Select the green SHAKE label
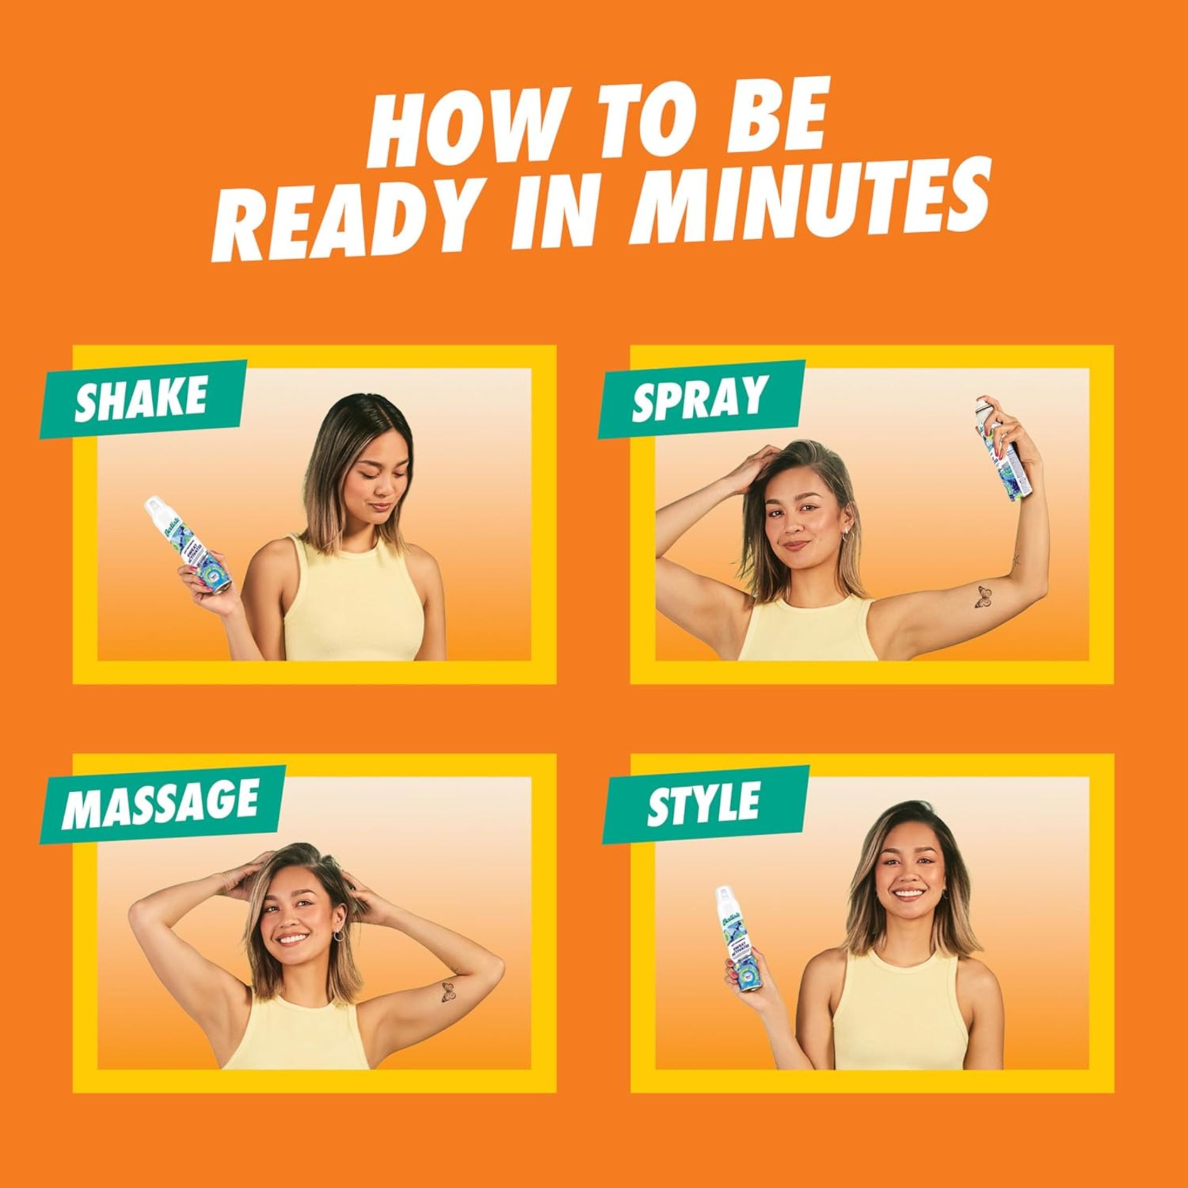142,399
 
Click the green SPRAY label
701,399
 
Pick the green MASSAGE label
160,804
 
